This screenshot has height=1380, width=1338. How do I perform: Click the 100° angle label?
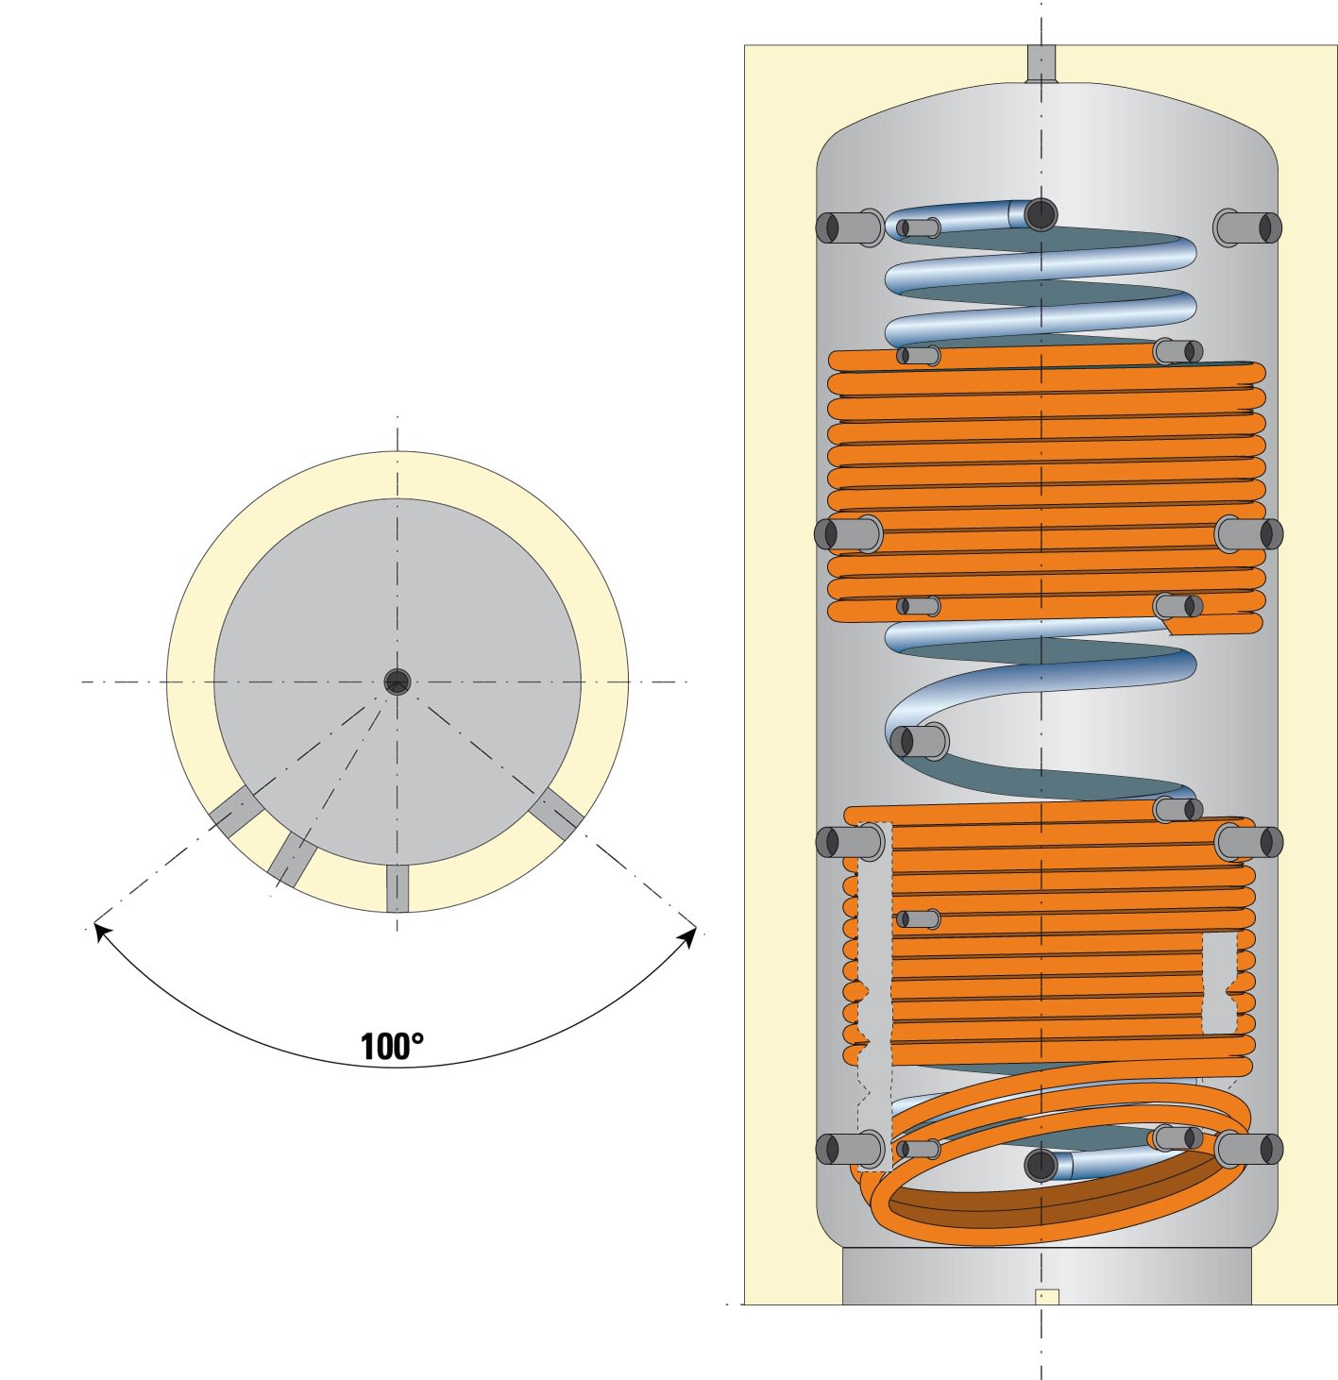392,1046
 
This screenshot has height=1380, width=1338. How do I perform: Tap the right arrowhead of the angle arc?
689,936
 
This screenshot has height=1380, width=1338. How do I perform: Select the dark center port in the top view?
398,682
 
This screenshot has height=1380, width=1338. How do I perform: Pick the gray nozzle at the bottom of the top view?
398,888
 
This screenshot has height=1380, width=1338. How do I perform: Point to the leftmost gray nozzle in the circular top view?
235,810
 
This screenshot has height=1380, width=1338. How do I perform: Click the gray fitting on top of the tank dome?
1041,63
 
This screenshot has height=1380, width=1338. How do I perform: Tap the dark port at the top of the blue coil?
1041,214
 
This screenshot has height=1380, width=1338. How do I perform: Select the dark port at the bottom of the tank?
1041,1165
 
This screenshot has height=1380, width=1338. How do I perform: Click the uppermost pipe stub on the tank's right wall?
1247,227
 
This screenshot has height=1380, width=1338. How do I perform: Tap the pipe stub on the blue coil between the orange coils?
921,740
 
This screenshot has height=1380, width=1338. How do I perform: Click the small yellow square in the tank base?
1046,1297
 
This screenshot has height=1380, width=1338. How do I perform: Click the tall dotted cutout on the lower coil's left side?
874,991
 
